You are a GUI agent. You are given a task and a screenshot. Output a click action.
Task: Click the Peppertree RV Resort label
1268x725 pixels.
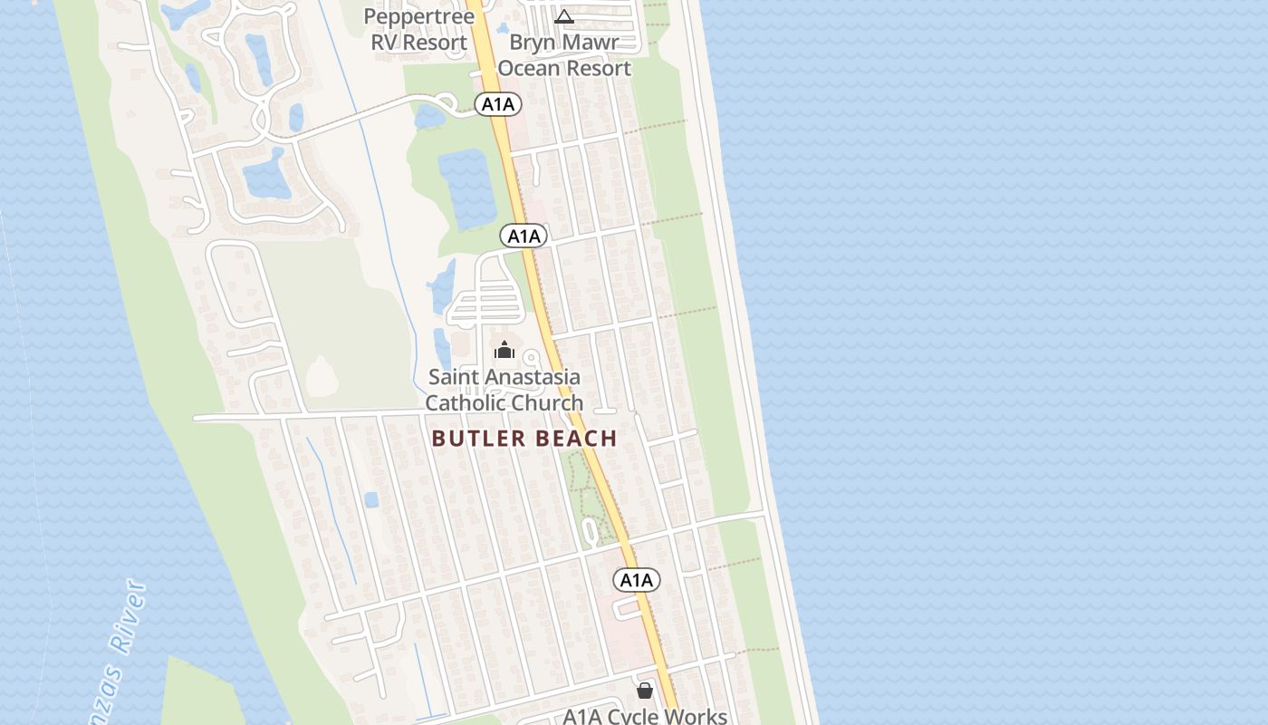(x=419, y=29)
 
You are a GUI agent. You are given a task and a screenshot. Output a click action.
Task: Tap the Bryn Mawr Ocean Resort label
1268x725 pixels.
(x=564, y=55)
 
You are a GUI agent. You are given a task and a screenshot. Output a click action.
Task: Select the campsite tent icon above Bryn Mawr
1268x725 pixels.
(x=564, y=16)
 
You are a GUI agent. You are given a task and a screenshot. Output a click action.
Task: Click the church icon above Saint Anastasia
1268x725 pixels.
(x=504, y=351)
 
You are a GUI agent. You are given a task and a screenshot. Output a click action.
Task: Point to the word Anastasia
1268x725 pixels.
(x=536, y=377)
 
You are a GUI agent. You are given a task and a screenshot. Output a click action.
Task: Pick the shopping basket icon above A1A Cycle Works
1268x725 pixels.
(x=645, y=691)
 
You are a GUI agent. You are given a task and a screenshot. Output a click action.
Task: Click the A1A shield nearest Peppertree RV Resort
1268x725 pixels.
(x=497, y=104)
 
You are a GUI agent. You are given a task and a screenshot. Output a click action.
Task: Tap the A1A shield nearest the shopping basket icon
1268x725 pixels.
(x=637, y=580)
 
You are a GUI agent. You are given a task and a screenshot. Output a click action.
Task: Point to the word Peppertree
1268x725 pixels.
(x=419, y=16)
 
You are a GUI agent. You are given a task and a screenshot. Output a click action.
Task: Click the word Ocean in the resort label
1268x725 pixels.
(x=529, y=69)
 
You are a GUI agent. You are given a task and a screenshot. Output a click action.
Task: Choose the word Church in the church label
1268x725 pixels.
(x=546, y=403)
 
